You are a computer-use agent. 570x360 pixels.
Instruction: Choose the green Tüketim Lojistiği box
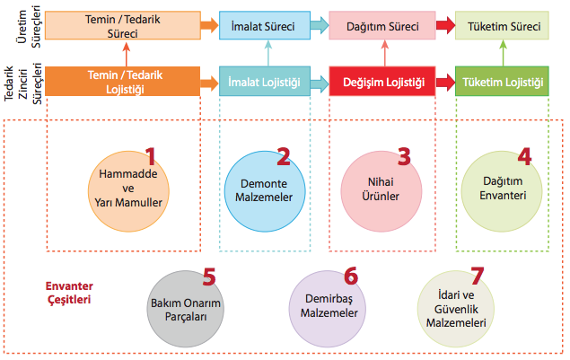(x=502, y=83)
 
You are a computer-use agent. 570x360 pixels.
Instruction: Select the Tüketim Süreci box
(x=502, y=27)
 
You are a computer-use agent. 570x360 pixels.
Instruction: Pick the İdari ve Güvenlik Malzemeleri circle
(x=459, y=305)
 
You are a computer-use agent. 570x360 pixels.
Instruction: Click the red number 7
(x=477, y=273)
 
